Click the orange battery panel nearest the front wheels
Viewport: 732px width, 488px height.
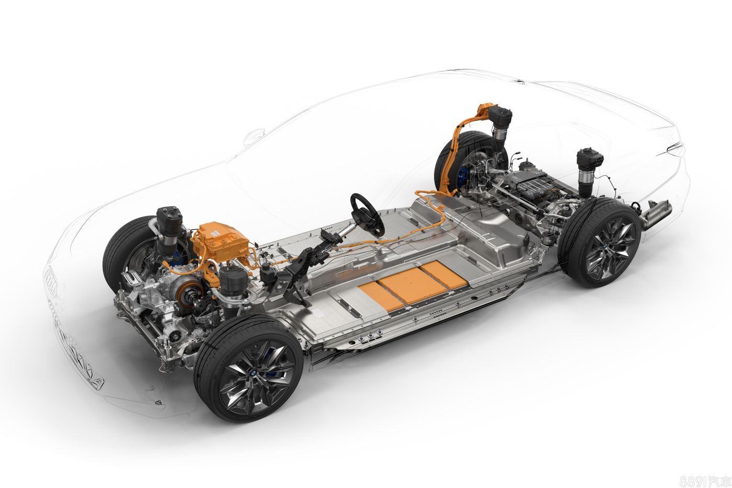381,298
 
